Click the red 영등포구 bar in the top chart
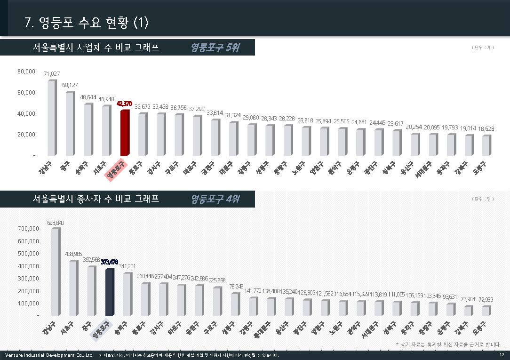(124, 133)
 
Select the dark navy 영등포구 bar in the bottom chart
(110, 292)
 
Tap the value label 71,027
(52, 74)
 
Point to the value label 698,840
(56, 223)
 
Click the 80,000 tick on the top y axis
(26, 72)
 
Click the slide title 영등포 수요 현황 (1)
(87, 23)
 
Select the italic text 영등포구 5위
(215, 48)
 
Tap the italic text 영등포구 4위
(215, 199)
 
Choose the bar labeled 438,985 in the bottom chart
(73, 288)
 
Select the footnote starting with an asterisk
(448, 344)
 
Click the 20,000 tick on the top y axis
(26, 134)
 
